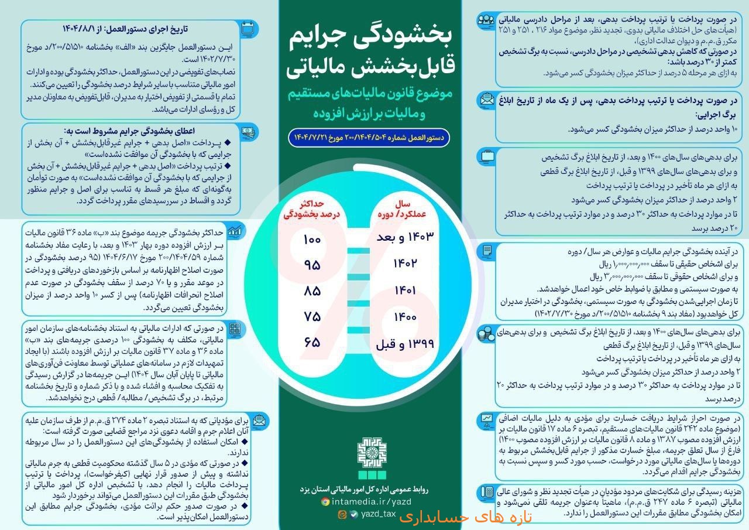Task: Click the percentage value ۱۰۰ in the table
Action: point(312,240)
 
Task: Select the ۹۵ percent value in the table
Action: point(312,265)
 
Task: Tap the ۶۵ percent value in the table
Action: point(312,341)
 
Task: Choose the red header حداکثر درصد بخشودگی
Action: point(312,209)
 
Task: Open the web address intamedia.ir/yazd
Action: point(371,502)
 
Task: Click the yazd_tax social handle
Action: point(378,514)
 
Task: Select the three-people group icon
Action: point(485,20)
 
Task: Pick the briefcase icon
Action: point(486,156)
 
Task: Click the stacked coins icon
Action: point(485,334)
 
